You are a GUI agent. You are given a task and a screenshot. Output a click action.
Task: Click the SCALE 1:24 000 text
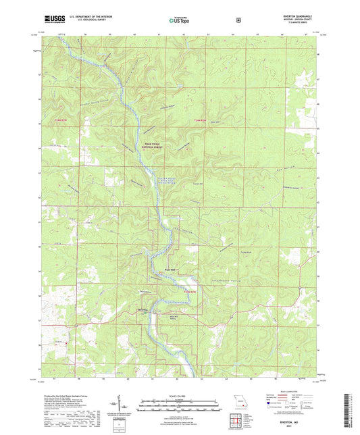(179, 395)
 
